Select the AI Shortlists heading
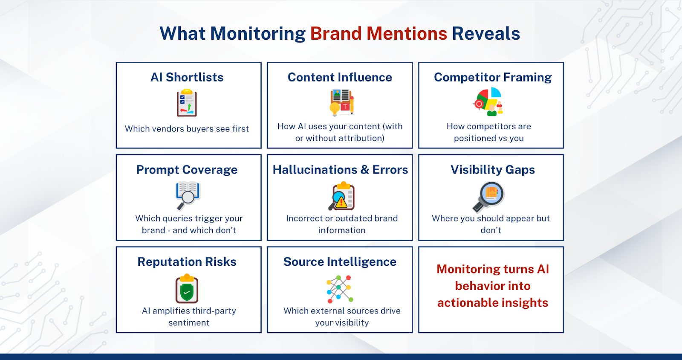(x=187, y=77)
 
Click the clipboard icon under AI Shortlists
(x=187, y=103)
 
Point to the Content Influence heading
(x=340, y=77)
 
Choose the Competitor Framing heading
(x=492, y=77)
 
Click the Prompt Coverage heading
(x=187, y=170)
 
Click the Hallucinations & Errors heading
(x=340, y=170)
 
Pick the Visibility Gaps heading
(x=492, y=170)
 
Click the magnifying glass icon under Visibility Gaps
(x=488, y=196)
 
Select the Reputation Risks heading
(x=187, y=262)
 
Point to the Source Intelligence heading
(x=340, y=262)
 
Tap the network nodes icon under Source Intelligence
(x=340, y=288)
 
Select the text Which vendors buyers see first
(x=187, y=129)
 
